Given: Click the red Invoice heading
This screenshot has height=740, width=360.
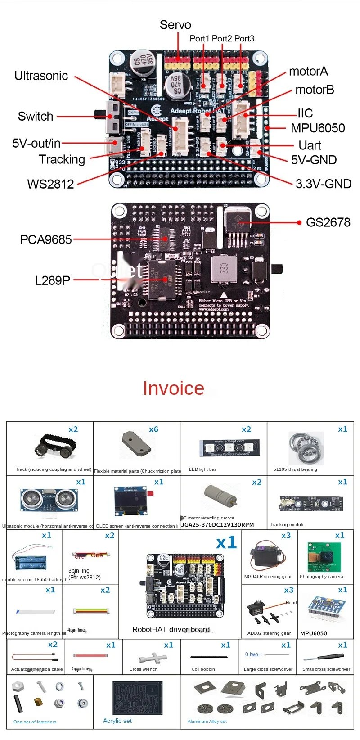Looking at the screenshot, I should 174,388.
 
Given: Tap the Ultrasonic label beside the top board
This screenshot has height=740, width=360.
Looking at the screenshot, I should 41,76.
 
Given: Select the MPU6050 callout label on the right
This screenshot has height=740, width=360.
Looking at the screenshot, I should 318,128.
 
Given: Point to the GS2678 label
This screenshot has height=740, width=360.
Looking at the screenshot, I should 328,222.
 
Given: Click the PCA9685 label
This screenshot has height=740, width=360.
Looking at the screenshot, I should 46,239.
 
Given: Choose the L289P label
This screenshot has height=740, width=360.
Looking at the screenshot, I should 53,280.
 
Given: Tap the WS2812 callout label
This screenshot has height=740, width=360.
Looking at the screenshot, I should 50,184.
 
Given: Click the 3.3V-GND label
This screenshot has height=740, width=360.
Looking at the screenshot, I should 324,184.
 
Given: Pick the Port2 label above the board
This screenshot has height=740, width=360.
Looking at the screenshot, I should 222,39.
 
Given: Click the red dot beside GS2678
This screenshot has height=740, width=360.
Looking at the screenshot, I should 299,222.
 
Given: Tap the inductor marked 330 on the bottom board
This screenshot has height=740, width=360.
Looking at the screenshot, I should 224,269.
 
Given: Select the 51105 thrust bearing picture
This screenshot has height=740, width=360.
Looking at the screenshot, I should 306,448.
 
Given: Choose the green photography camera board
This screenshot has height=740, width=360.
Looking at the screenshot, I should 324,557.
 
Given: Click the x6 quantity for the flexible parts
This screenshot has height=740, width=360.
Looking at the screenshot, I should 154,429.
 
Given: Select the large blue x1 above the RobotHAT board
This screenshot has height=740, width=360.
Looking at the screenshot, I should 226,542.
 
